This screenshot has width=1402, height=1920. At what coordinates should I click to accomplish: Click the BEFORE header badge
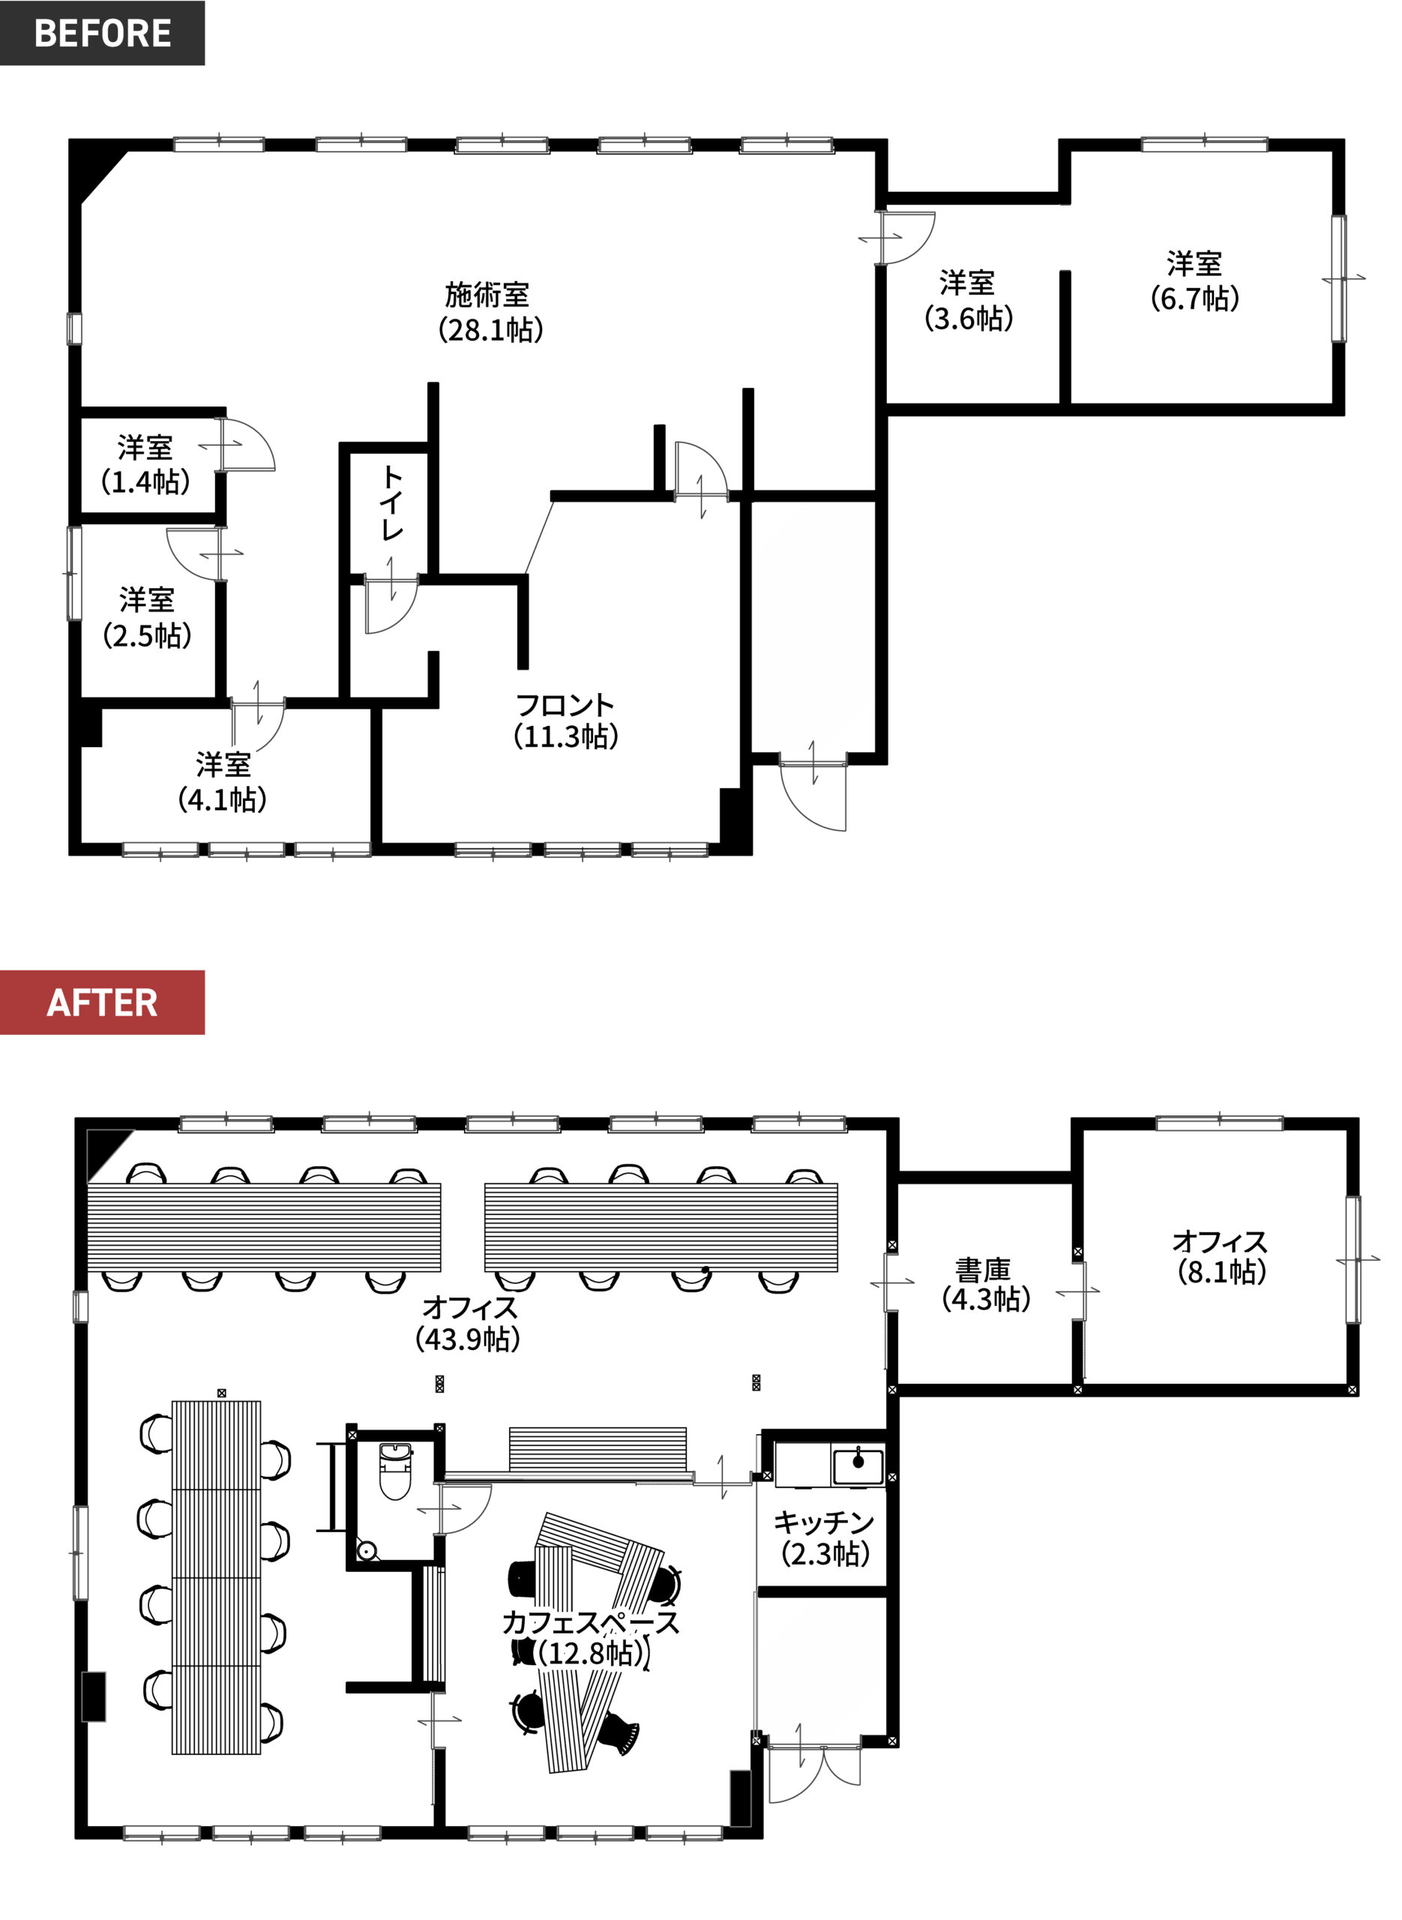click(x=102, y=32)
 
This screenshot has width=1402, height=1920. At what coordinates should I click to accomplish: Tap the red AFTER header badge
click(x=102, y=1003)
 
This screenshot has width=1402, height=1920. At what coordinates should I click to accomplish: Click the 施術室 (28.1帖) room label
click(x=490, y=311)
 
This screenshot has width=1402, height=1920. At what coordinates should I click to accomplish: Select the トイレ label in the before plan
click(x=391, y=502)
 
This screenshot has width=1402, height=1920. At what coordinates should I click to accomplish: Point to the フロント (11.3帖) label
click(x=565, y=720)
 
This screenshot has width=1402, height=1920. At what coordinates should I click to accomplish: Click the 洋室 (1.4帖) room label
click(x=145, y=464)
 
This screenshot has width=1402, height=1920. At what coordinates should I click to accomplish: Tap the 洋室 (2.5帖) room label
click(x=147, y=617)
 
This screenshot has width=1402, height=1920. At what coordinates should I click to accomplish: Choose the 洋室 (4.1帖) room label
click(x=223, y=781)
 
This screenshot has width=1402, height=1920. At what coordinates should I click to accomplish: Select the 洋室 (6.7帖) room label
click(x=1194, y=281)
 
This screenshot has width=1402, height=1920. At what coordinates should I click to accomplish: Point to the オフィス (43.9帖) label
click(x=469, y=1322)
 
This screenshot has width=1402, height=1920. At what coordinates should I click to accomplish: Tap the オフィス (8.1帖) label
click(x=1221, y=1257)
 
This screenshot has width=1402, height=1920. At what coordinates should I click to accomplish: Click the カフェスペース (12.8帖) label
click(x=591, y=1637)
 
